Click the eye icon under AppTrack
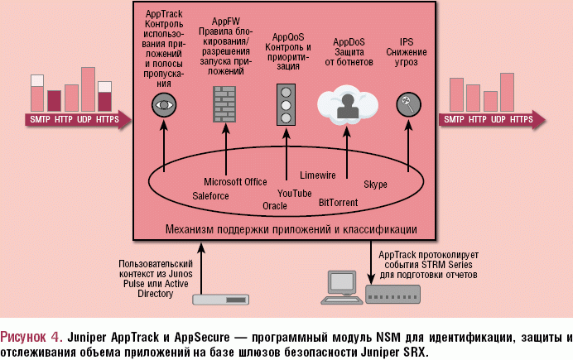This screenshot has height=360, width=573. point(164,105)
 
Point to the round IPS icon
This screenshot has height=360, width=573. point(406,105)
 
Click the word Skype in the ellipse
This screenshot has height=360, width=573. point(375,184)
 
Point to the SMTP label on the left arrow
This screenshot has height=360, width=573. point(40,120)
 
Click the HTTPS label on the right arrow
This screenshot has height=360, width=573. point(522,120)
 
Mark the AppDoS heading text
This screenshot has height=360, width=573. point(349,41)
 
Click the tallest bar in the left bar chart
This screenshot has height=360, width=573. point(88,89)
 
